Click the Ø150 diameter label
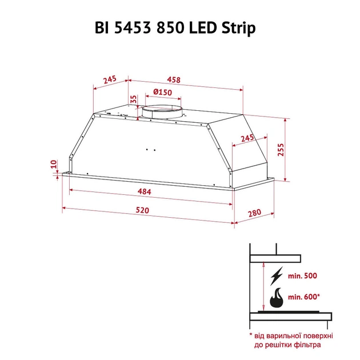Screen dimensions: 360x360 (163, 93)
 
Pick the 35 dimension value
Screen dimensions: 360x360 (134, 99)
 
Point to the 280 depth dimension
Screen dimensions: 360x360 (254, 215)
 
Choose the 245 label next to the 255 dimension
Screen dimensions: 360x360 (247, 139)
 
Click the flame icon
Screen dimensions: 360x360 (278, 297)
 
